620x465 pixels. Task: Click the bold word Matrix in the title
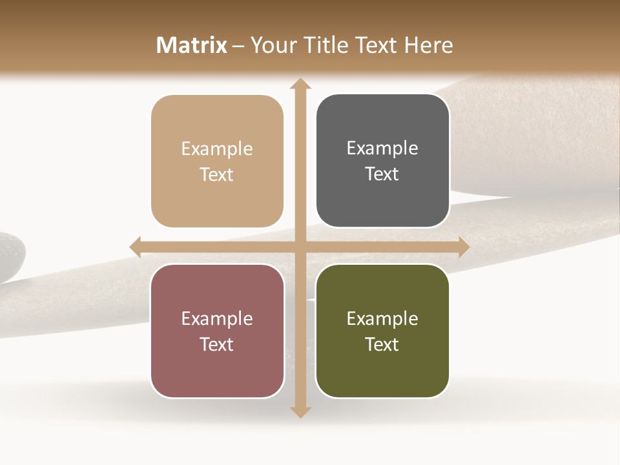tap(192, 45)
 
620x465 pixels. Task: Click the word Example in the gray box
tap(382, 149)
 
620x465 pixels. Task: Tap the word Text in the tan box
tap(217, 175)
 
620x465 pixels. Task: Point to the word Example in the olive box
tap(382, 318)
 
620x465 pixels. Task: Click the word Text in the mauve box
tap(217, 344)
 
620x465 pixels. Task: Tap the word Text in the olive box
tap(382, 344)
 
